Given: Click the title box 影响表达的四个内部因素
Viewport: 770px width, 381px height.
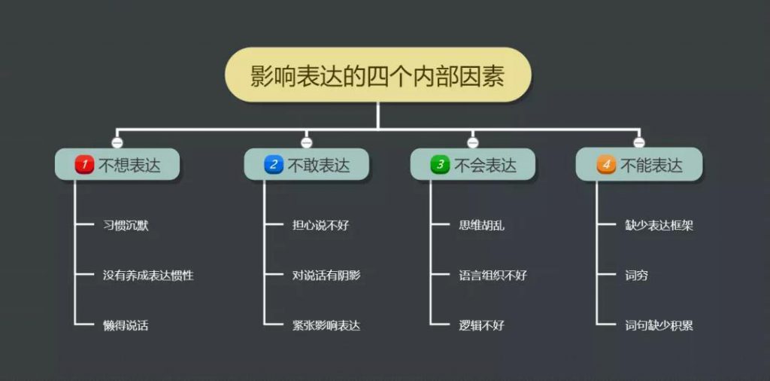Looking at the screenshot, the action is (377, 75).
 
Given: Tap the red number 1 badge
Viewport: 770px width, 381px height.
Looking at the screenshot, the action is (84, 165).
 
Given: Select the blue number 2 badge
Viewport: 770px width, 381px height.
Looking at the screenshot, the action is (274, 165).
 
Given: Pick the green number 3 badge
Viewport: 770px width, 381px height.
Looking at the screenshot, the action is (440, 165).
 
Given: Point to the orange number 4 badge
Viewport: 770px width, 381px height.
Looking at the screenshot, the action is (606, 165).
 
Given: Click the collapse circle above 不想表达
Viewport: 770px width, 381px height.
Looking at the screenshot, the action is (117, 142).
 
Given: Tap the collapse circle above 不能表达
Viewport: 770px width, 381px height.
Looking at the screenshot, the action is (638, 142).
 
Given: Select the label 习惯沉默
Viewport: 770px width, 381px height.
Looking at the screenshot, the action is (126, 226).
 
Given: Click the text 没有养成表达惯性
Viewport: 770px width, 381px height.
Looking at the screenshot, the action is (148, 276).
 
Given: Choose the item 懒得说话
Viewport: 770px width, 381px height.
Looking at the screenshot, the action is (126, 325).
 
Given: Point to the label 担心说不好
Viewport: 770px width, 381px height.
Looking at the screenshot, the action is (320, 226).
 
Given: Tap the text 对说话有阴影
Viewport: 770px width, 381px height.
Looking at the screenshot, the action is (326, 276).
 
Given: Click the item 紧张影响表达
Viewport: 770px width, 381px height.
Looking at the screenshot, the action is (326, 325).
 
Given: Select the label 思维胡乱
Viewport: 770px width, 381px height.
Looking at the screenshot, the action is (481, 226).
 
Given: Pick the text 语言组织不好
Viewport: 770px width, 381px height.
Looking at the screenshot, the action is (493, 276).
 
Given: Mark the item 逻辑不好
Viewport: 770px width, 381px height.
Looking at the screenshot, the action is (481, 325).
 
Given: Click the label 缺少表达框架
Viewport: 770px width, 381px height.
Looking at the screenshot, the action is (659, 226).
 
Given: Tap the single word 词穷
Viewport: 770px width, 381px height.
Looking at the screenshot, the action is (636, 276).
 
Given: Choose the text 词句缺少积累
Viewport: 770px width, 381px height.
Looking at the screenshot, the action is (659, 325).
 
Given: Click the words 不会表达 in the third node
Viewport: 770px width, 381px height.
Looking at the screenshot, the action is (485, 165).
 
